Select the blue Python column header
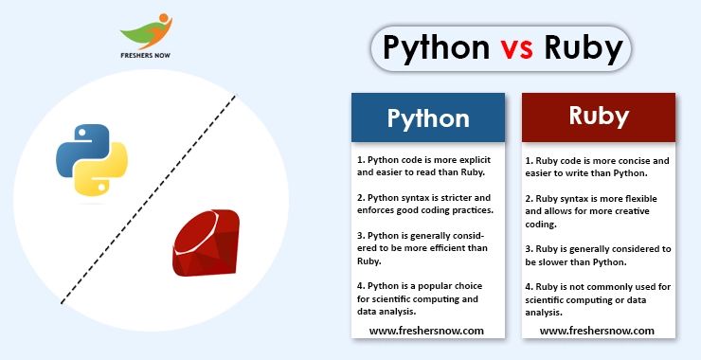427,117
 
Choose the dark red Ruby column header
599,117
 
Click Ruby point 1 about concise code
597,167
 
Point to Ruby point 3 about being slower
597,254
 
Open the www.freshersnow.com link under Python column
426,331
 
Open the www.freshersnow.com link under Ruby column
597,331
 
